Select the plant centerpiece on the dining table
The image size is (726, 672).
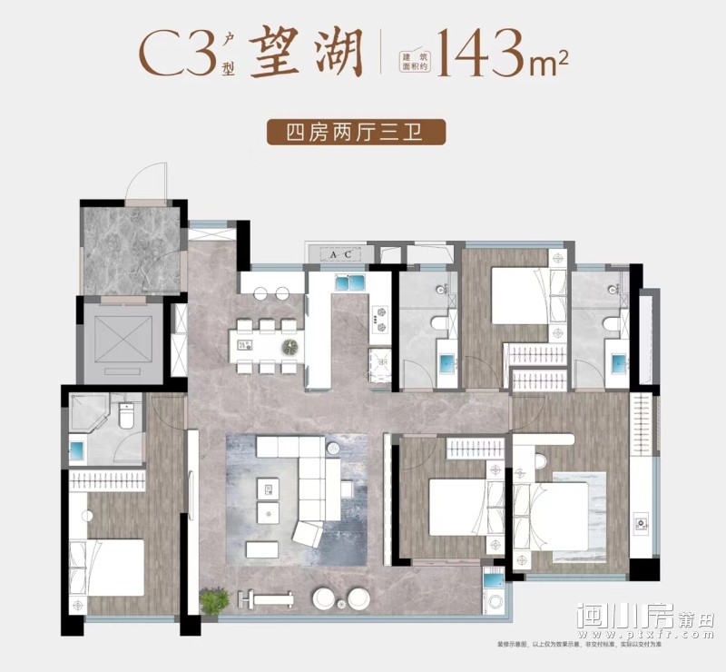click(x=289, y=346)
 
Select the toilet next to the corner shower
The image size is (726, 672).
click(x=127, y=416)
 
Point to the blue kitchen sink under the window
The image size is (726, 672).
click(x=348, y=282)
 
